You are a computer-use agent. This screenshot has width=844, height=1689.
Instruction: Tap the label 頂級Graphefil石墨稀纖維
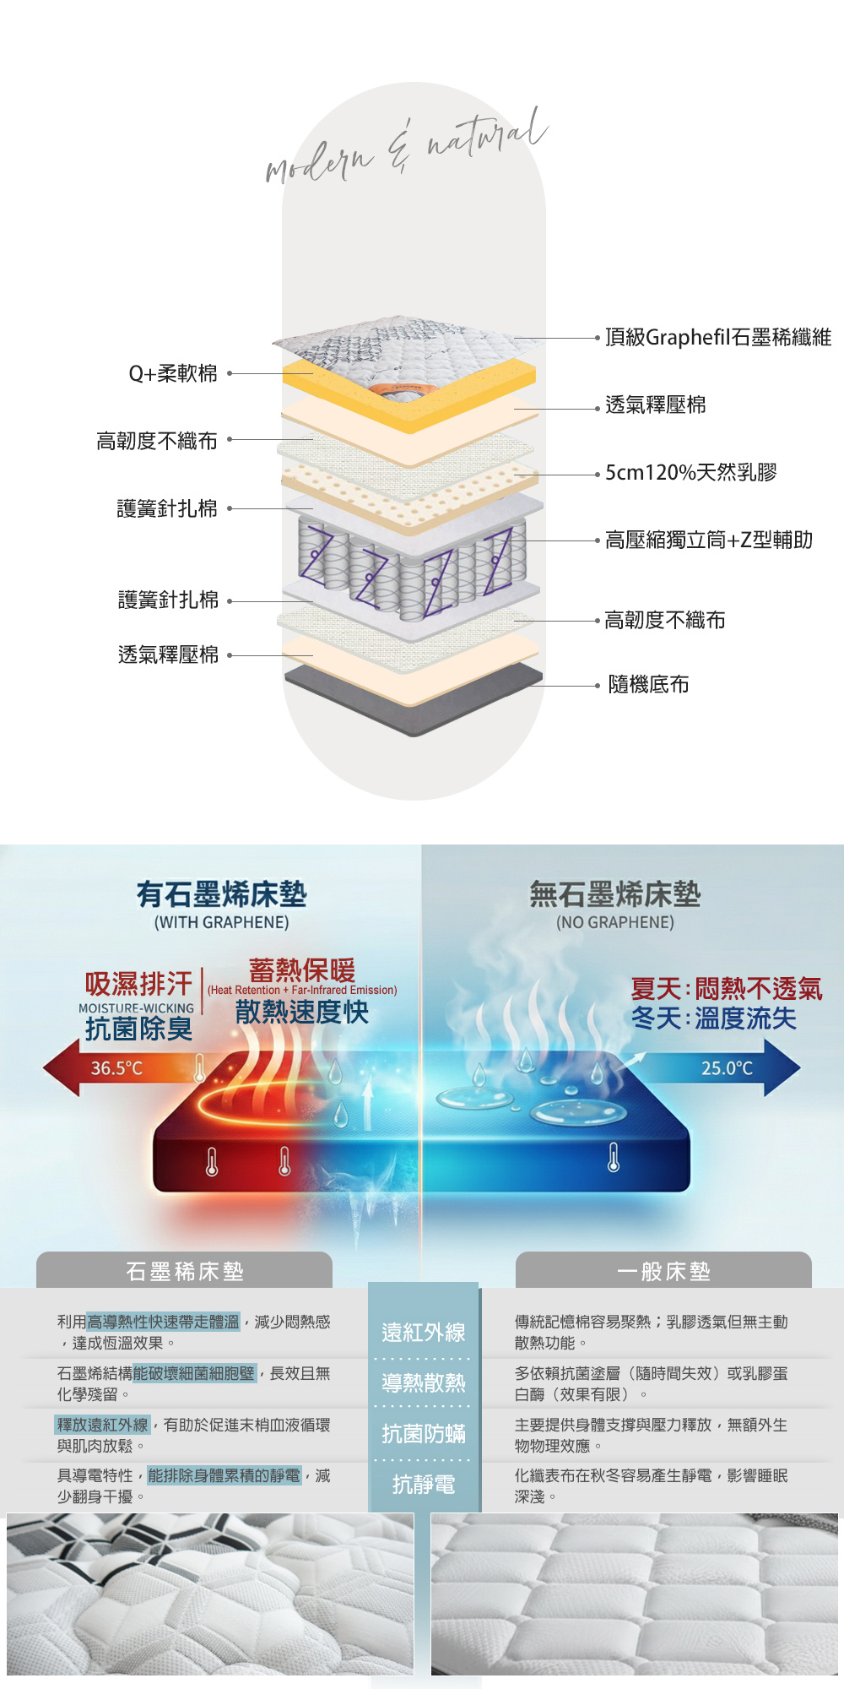click(x=717, y=338)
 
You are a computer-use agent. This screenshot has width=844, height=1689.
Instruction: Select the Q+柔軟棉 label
click(x=173, y=373)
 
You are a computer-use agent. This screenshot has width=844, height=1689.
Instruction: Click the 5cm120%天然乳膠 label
click(x=690, y=473)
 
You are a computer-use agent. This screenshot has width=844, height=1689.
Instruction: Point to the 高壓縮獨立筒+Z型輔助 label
click(x=708, y=540)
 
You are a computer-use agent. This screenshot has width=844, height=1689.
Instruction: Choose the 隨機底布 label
click(x=648, y=685)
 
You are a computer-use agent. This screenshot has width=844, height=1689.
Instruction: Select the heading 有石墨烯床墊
click(x=222, y=894)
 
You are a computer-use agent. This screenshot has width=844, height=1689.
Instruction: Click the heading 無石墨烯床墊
click(x=614, y=894)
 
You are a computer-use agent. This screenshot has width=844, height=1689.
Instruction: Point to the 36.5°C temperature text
click(x=116, y=1068)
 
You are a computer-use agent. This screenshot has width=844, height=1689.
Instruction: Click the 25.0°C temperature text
click(x=727, y=1068)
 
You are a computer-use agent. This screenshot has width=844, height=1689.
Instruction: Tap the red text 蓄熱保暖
click(x=301, y=969)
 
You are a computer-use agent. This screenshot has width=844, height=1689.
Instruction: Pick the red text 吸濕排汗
click(x=138, y=984)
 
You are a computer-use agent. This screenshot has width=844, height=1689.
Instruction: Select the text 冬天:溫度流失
click(x=713, y=1018)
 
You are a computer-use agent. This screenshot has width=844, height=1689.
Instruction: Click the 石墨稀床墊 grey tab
click(x=184, y=1271)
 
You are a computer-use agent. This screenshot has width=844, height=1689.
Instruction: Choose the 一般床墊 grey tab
click(x=663, y=1271)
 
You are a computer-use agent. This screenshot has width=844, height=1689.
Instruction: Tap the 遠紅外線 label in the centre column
click(x=424, y=1333)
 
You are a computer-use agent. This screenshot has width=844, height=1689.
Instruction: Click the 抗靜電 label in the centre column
click(x=424, y=1484)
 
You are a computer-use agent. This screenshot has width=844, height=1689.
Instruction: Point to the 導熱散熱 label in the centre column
click(x=424, y=1382)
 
